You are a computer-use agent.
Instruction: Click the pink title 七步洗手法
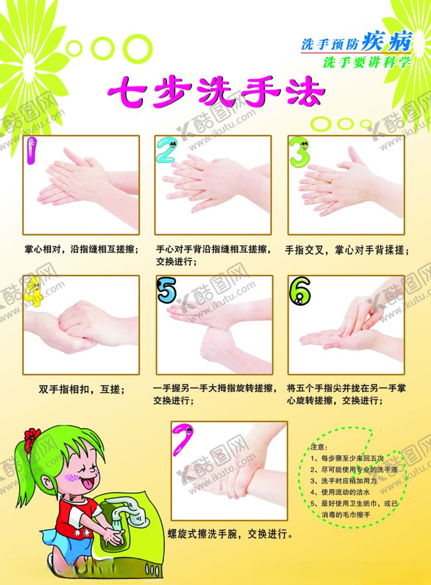click(x=215, y=92)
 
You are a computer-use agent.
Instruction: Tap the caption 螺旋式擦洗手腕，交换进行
click(x=230, y=535)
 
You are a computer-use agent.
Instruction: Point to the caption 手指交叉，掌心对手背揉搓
click(x=347, y=251)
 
